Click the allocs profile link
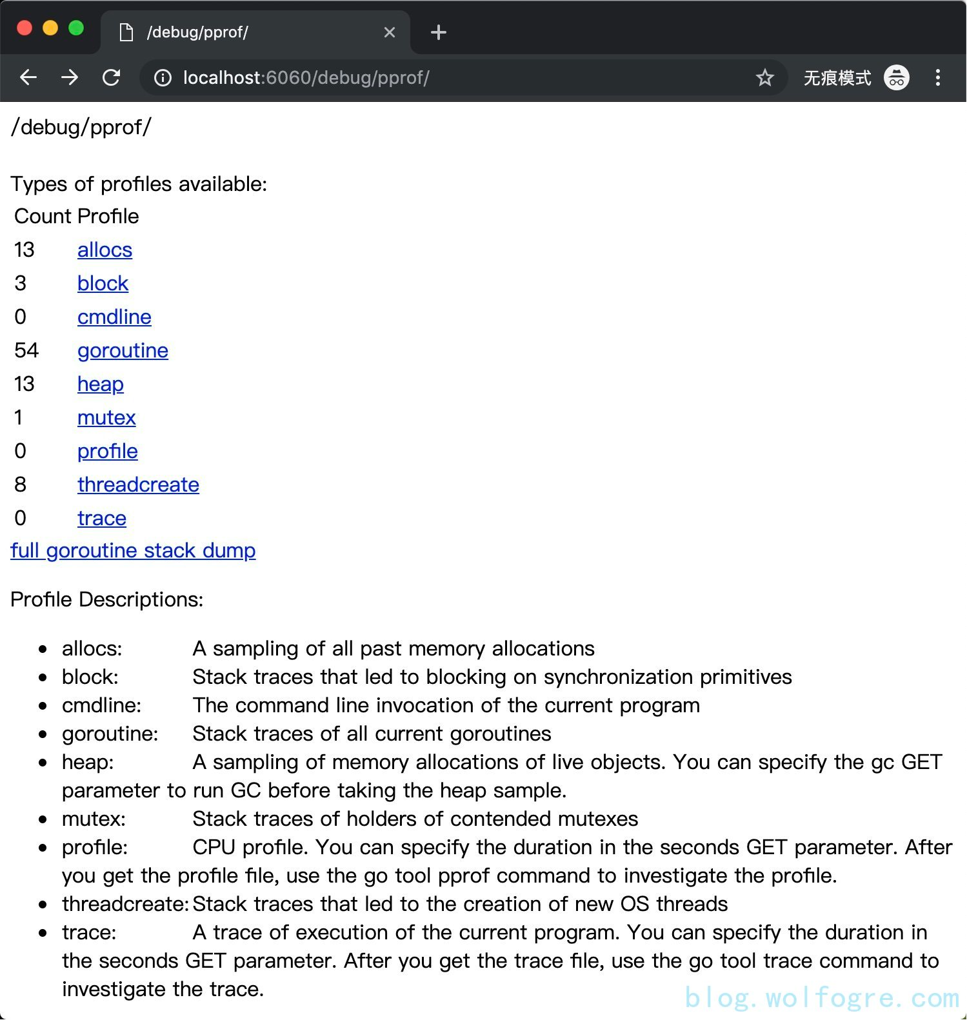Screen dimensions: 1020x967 pyautogui.click(x=105, y=250)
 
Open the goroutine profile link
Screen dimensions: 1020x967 pyautogui.click(x=123, y=351)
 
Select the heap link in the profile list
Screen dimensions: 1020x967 pyautogui.click(x=100, y=385)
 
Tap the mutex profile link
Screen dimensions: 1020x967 pyautogui.click(x=106, y=418)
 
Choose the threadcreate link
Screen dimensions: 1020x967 pyautogui.click(x=138, y=485)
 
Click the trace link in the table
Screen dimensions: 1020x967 pyautogui.click(x=101, y=519)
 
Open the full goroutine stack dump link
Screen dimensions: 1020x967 pyautogui.click(x=133, y=551)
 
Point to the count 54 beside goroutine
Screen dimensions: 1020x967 pyautogui.click(x=26, y=351)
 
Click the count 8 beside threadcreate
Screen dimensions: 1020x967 pyautogui.click(x=21, y=485)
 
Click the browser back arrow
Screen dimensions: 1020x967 pyautogui.click(x=28, y=78)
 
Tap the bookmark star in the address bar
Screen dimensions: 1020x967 pyautogui.click(x=764, y=78)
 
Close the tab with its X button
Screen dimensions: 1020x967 pyautogui.click(x=390, y=32)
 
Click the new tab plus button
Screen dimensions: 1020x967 pyautogui.click(x=439, y=32)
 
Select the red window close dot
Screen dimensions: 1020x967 pyautogui.click(x=25, y=28)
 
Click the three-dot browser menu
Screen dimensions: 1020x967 pyautogui.click(x=937, y=78)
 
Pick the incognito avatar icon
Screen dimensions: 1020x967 pyautogui.click(x=896, y=78)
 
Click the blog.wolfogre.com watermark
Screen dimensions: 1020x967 pyautogui.click(x=822, y=998)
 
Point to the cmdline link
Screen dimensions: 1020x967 pyautogui.click(x=114, y=317)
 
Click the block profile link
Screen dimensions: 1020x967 pyautogui.click(x=103, y=284)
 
